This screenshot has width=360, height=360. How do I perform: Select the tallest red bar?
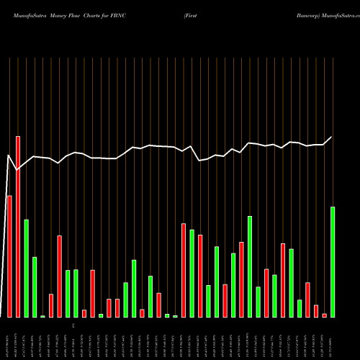[x=18, y=226]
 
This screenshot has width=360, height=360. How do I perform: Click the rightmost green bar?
[x=333, y=262]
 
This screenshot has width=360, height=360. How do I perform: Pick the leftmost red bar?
[x=9, y=256]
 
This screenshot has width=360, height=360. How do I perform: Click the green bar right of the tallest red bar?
[x=26, y=268]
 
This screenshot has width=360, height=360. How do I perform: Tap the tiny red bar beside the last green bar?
[x=325, y=315]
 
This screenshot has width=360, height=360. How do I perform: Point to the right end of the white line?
[x=332, y=137]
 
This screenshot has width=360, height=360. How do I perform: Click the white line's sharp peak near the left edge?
[x=9, y=155]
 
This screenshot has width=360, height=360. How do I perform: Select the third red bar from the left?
[x=51, y=305]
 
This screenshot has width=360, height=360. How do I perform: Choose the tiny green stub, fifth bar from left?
[x=42, y=316]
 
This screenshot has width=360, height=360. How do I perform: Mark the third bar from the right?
[x=316, y=311]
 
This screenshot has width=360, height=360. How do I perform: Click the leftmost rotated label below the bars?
[x=8, y=338]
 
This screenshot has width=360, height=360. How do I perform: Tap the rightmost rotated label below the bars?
[x=333, y=338]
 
